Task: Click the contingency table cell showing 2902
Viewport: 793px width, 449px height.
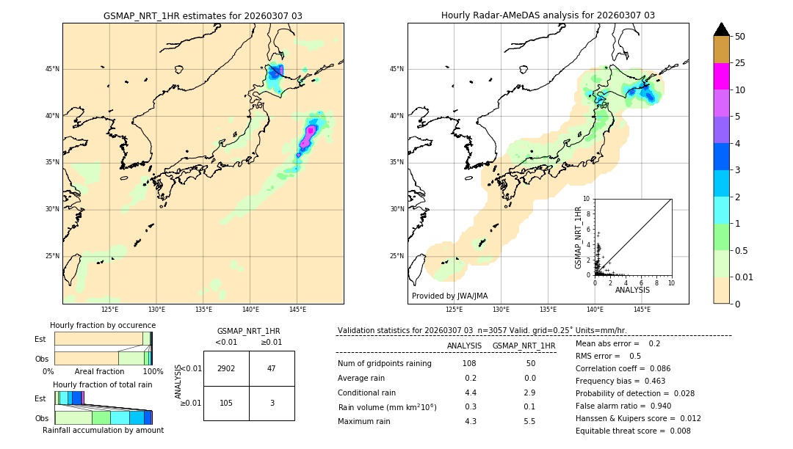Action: (226, 368)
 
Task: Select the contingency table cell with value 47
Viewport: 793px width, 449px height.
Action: (272, 368)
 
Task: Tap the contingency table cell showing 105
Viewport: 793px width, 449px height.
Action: (226, 403)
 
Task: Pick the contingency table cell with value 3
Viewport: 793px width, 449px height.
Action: (272, 403)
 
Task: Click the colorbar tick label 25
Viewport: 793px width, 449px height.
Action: (740, 63)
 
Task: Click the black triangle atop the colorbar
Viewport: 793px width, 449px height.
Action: (722, 29)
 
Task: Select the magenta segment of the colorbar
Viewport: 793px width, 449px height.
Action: (722, 76)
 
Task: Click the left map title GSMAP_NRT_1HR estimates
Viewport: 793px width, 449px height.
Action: (203, 15)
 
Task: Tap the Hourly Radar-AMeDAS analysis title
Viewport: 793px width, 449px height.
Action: (548, 15)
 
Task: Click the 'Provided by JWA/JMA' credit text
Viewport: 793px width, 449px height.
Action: (449, 296)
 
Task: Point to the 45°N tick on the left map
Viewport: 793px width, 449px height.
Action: (52, 69)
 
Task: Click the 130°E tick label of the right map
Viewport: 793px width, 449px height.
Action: (501, 310)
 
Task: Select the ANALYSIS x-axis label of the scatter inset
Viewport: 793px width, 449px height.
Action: (632, 291)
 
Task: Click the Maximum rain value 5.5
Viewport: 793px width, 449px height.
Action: (529, 421)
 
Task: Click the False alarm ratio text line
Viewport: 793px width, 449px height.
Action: (632, 406)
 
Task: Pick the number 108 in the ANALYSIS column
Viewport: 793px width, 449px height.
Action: (468, 363)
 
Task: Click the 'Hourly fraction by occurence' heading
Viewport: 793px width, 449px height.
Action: (103, 325)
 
